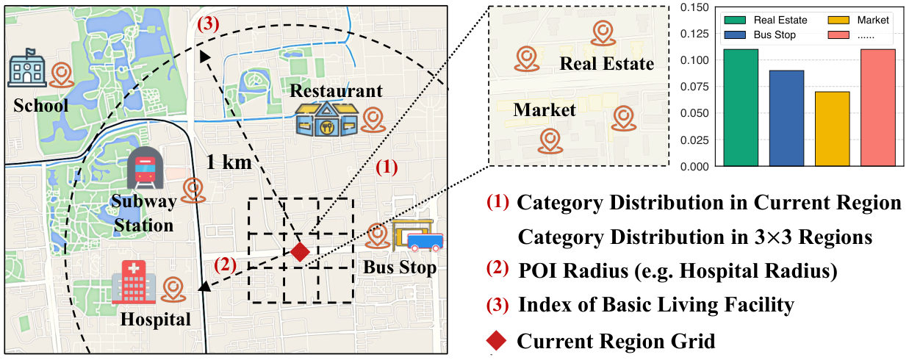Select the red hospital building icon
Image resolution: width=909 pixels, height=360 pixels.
pos(134,282)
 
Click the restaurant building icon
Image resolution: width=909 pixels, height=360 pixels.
pos(327,118)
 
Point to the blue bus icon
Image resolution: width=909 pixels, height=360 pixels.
pos(425,242)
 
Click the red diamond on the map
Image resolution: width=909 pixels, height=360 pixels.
pos(300,252)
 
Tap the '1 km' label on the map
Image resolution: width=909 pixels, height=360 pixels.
pos(229,162)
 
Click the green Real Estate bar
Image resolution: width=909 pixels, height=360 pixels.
pos(741,107)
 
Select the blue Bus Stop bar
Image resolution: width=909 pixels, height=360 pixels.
pos(786,118)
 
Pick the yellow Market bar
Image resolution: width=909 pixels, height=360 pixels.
pos(833,129)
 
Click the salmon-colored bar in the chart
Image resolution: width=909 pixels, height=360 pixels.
pos(878,107)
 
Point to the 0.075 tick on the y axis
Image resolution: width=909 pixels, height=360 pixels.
pos(694,87)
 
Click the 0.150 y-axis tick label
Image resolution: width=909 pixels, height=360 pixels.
pos(694,7)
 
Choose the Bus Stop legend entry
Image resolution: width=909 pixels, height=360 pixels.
pos(760,35)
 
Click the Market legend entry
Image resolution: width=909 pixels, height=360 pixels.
pos(858,21)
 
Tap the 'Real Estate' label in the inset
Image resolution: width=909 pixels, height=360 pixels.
pos(607,64)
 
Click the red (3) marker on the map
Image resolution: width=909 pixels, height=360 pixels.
pos(208,24)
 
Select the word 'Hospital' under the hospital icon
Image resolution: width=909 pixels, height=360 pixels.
pos(156,320)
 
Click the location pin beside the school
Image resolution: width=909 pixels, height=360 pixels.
pos(62,75)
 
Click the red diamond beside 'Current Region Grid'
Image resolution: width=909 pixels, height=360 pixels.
pos(496,341)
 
